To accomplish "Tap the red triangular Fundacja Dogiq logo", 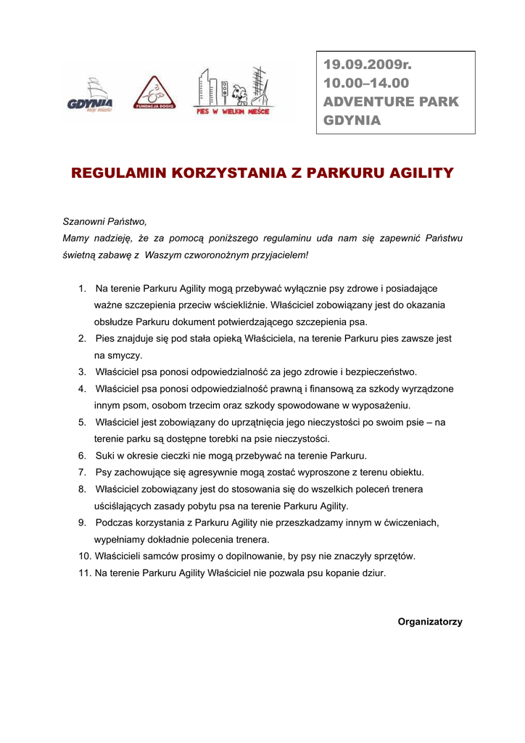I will (x=153, y=94).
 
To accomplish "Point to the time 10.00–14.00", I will (x=366, y=83).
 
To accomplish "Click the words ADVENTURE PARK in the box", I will (x=391, y=102).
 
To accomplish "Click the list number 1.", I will (x=82, y=289).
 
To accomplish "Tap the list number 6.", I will (x=82, y=456).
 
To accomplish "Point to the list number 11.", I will (x=84, y=572).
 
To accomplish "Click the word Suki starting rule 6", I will (x=106, y=456).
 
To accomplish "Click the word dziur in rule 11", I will (x=371, y=572).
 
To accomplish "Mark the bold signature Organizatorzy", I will (x=429, y=622).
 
